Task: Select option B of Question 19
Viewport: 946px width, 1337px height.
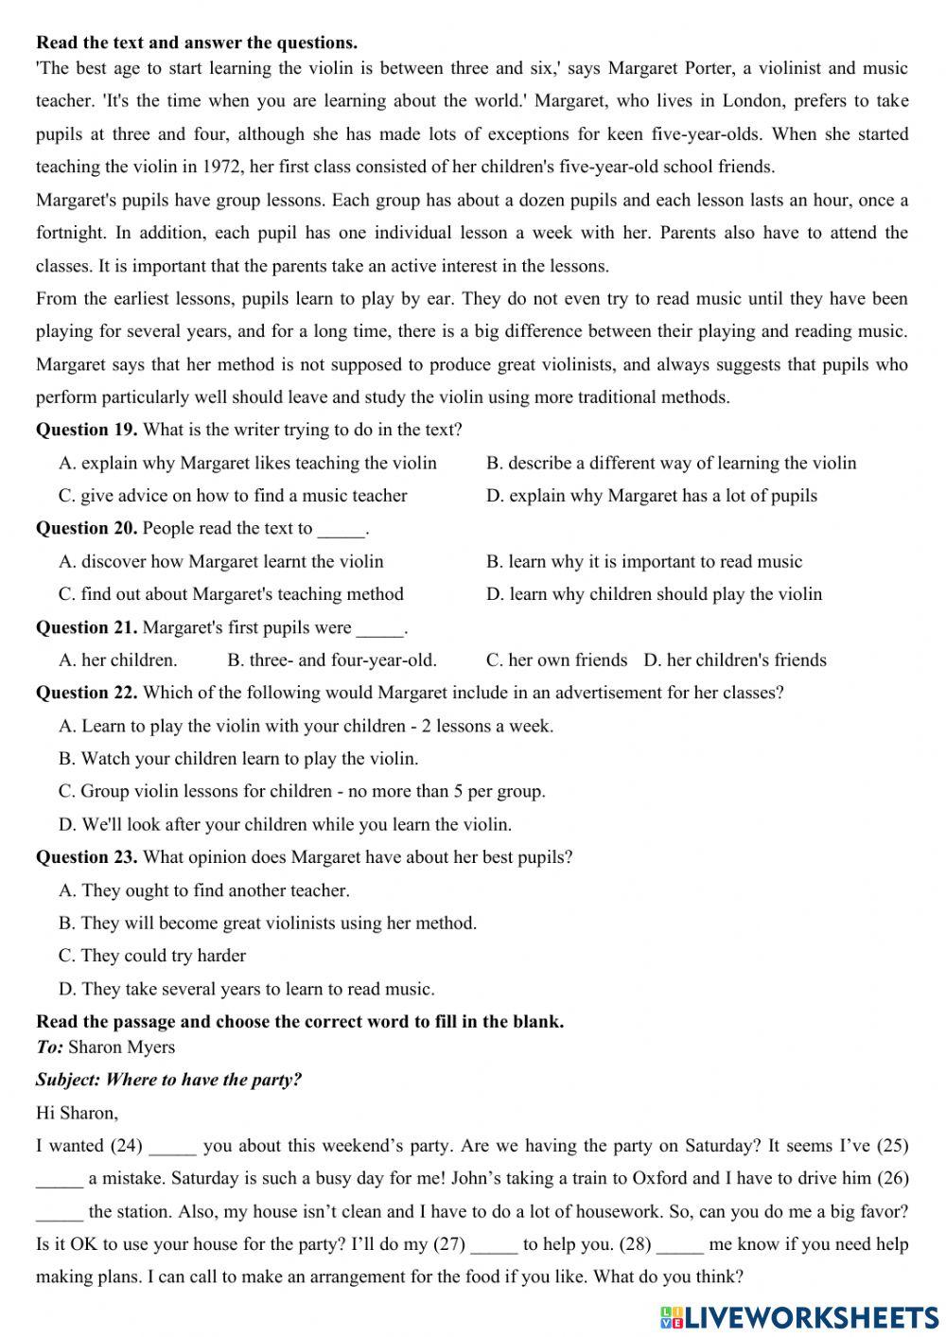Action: pos(671,463)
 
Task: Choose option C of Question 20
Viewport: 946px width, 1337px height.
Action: pos(231,594)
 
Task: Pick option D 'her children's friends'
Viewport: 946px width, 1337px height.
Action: pos(735,660)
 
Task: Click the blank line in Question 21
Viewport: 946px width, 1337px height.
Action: pos(380,628)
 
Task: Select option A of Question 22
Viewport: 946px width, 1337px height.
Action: pos(306,726)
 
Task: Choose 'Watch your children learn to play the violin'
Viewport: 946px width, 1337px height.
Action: pos(238,759)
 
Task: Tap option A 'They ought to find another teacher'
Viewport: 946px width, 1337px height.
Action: pos(204,890)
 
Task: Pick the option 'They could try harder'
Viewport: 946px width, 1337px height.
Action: pos(152,956)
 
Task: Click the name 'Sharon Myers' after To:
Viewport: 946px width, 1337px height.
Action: pos(122,1047)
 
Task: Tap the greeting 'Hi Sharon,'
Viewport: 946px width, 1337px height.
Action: pos(77,1113)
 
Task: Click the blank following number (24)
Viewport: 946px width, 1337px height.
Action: pos(172,1147)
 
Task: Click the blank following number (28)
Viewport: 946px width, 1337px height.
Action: pos(679,1245)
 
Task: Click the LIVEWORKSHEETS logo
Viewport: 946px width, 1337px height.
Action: pos(799,1317)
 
